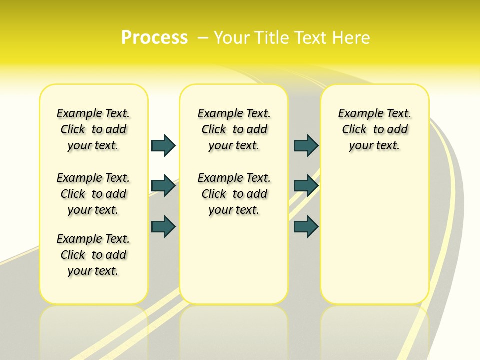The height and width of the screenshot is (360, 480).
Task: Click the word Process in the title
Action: pyautogui.click(x=154, y=37)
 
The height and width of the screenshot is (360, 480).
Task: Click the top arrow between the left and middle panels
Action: pyautogui.click(x=163, y=145)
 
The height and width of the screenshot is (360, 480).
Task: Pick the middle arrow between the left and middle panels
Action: pyautogui.click(x=163, y=186)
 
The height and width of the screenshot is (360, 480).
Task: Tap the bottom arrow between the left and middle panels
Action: pyautogui.click(x=163, y=227)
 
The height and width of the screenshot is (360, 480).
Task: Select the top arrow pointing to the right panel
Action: pyautogui.click(x=306, y=145)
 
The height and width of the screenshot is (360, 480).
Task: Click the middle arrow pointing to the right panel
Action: pyautogui.click(x=306, y=186)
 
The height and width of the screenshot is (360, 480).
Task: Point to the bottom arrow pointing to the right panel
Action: pyautogui.click(x=306, y=227)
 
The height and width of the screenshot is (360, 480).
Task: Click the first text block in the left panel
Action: pyautogui.click(x=93, y=129)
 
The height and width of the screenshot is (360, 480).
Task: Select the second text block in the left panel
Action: pyautogui.click(x=93, y=194)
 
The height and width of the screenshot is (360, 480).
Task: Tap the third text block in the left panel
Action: pyautogui.click(x=93, y=255)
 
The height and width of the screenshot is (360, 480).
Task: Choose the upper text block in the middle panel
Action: pyautogui.click(x=234, y=129)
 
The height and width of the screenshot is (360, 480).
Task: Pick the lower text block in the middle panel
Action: pyautogui.click(x=234, y=194)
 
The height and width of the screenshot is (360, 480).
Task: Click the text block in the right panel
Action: pyautogui.click(x=375, y=129)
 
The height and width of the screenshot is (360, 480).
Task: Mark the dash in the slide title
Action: pyautogui.click(x=203, y=37)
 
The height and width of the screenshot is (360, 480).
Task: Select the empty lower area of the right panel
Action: pyautogui.click(x=375, y=235)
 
